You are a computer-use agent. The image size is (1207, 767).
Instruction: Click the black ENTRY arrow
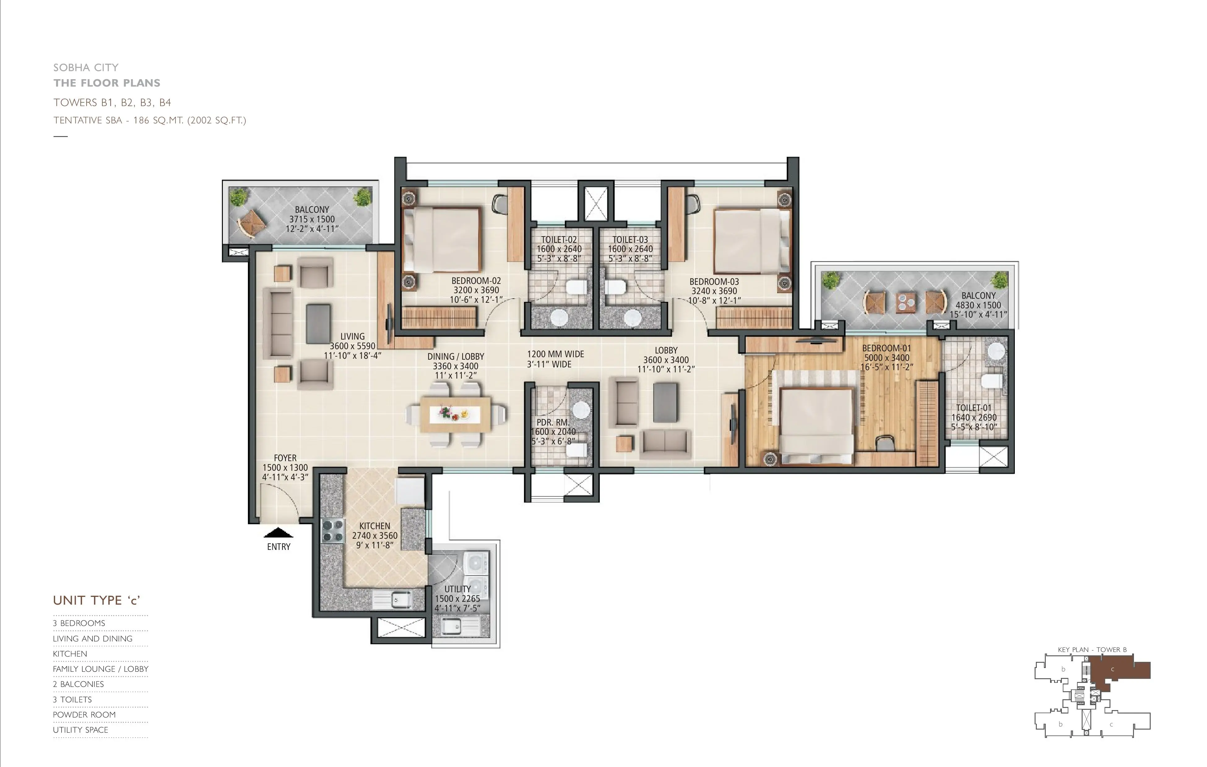pyautogui.click(x=278, y=533)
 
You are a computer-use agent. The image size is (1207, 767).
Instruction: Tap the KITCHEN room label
pyautogui.click(x=374, y=526)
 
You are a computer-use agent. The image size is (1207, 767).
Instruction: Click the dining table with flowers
pyautogui.click(x=456, y=414)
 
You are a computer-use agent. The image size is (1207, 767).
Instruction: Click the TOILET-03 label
pyautogui.click(x=630, y=240)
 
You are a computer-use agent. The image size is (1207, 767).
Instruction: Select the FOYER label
pyautogui.click(x=285, y=458)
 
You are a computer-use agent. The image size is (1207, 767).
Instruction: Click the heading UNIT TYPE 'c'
pyautogui.click(x=96, y=600)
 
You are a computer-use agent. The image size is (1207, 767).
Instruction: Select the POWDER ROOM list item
pyautogui.click(x=84, y=714)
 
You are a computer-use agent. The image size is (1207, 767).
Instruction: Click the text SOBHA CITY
pyautogui.click(x=86, y=67)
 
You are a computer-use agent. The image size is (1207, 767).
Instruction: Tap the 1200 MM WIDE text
pyautogui.click(x=556, y=354)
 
